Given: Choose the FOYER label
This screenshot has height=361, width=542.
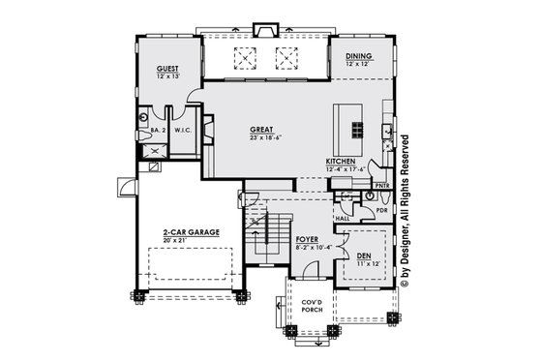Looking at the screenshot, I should [308, 238].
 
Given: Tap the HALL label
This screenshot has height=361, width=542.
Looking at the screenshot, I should [343, 219].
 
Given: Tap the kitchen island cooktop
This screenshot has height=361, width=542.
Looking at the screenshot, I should [355, 129].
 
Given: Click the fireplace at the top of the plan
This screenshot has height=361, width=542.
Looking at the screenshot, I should [266, 30].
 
